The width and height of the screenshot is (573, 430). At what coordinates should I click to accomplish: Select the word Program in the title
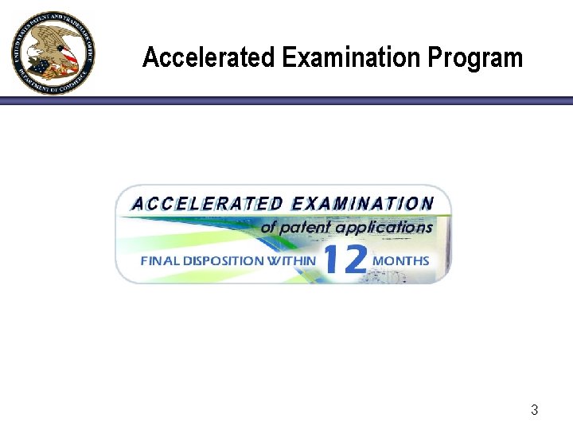click(x=475, y=58)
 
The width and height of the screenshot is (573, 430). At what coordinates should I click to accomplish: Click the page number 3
click(x=534, y=411)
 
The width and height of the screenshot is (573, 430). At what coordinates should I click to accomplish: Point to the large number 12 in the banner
click(x=345, y=260)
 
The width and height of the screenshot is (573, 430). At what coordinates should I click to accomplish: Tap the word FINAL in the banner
click(x=158, y=260)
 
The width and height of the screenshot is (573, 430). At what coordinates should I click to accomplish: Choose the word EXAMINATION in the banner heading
click(x=362, y=204)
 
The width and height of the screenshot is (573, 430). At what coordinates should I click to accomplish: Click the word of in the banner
click(x=269, y=228)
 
